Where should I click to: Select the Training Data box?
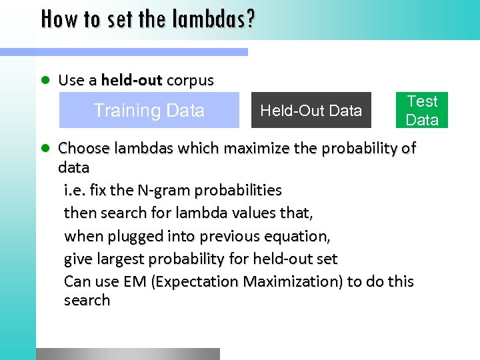pos(149,110)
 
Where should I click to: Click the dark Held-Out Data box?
pos(311,110)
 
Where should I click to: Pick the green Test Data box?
pos(422,110)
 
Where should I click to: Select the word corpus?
pos(190,81)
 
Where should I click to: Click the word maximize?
pos(260,147)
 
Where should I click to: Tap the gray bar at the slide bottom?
pos(127,354)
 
